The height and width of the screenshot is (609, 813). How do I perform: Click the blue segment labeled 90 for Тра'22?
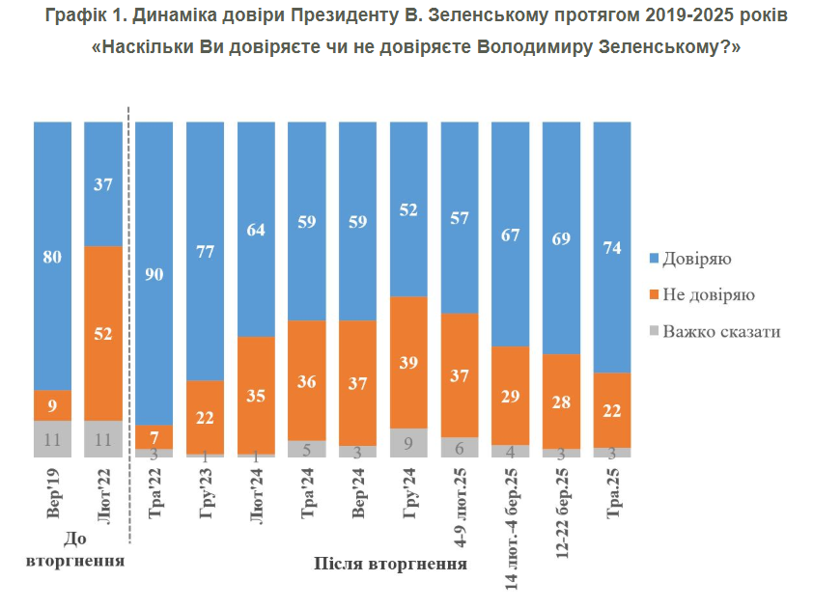coord(154,272)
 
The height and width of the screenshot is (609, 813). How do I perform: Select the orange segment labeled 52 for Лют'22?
coord(103,333)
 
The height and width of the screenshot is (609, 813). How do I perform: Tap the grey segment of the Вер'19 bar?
coord(53,438)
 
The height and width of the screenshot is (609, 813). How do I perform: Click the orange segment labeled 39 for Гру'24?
coord(408,362)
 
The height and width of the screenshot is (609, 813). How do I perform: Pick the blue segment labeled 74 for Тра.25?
coord(612,246)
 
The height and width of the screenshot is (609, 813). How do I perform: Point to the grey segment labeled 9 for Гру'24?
coord(408,442)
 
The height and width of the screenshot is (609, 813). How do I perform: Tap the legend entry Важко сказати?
coord(720,331)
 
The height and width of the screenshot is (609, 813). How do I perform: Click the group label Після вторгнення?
coord(390,564)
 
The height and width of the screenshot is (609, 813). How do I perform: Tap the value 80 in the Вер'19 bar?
coord(53,257)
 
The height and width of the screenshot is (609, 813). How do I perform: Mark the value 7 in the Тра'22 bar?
coord(154,437)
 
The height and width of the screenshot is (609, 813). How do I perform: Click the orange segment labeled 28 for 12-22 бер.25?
coord(561,401)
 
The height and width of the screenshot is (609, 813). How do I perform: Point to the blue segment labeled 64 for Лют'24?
coord(256,229)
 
